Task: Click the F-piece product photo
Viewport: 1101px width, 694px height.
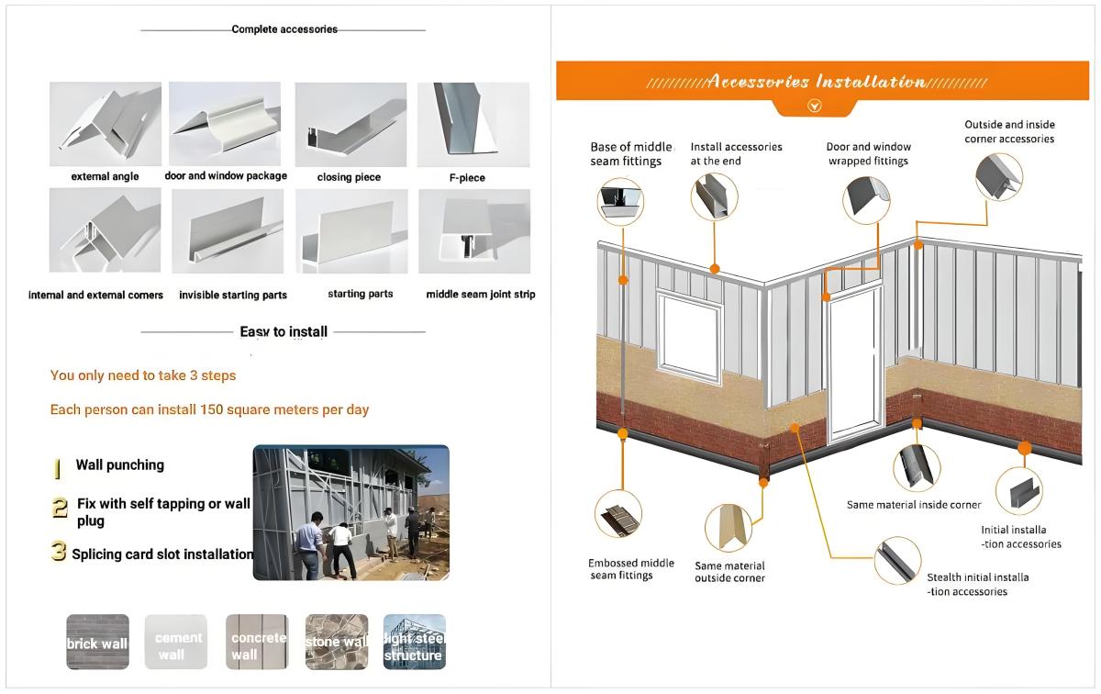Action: (x=473, y=124)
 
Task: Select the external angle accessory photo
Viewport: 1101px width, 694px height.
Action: (x=105, y=124)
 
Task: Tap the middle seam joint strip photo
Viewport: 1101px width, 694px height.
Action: (x=473, y=231)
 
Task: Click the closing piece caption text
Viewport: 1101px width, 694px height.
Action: (x=349, y=177)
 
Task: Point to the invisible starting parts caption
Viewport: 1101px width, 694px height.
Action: (x=233, y=296)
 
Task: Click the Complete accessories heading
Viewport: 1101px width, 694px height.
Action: (x=284, y=29)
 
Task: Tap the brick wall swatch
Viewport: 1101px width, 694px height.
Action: (x=97, y=642)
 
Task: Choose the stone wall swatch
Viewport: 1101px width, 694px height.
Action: (x=337, y=642)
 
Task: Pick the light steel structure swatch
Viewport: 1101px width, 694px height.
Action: (x=415, y=642)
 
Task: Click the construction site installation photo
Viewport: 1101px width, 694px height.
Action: (x=350, y=512)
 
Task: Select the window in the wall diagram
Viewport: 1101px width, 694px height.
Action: (x=688, y=336)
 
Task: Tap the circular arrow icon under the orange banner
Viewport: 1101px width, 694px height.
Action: (x=813, y=106)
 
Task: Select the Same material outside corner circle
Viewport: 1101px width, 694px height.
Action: (x=728, y=528)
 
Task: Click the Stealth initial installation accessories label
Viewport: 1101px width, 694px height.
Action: (x=977, y=585)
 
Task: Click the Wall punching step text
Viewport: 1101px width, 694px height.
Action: (x=119, y=465)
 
